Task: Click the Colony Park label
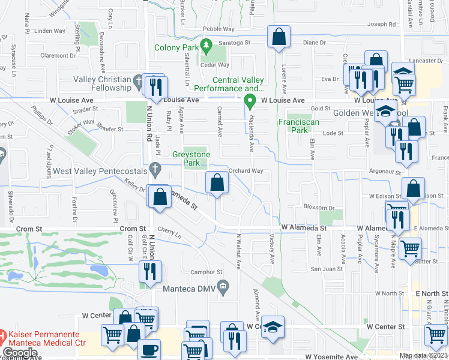(175, 47)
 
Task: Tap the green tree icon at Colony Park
(206, 44)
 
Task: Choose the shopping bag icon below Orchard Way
(217, 182)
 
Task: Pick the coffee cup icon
(149, 350)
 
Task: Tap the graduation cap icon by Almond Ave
(273, 327)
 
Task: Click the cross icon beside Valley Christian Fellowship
(138, 80)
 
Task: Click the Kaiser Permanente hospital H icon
(4, 334)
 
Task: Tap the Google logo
(19, 353)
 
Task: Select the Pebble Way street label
(218, 29)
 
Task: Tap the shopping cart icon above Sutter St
(409, 247)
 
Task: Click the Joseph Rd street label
(382, 25)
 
